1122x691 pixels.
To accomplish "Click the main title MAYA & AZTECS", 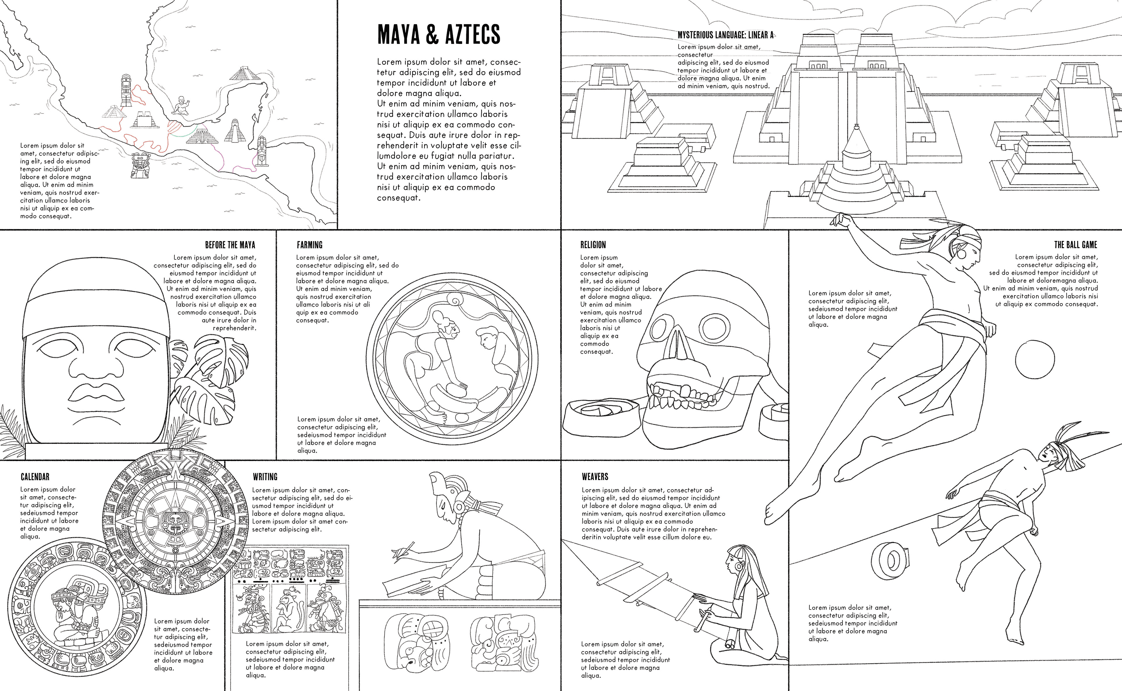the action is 438,34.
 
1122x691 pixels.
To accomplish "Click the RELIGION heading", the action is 593,245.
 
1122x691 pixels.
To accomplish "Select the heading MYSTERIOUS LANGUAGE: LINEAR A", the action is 725,35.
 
